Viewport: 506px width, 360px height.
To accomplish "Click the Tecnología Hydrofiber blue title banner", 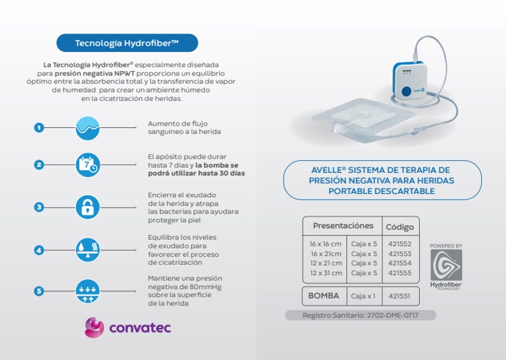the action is click(127, 43).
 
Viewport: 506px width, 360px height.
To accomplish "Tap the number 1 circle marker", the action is click(39, 127).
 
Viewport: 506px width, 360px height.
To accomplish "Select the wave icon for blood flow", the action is click(88, 128).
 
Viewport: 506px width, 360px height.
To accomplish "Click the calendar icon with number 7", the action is click(88, 165).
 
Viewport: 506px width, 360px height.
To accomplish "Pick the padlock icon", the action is click(88, 207).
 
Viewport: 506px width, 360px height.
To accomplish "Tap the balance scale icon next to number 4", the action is click(88, 250).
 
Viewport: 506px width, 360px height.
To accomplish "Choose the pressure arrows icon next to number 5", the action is click(88, 292).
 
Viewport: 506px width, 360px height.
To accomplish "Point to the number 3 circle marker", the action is click(39, 207).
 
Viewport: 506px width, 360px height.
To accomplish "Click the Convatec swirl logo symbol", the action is click(94, 328).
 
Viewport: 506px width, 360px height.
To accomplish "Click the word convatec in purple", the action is click(140, 328).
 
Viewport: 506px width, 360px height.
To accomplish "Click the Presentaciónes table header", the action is click(343, 226).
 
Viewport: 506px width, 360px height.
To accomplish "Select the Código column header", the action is click(400, 227).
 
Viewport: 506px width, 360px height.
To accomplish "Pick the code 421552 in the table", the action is click(400, 244).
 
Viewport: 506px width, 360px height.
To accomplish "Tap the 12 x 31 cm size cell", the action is click(326, 273).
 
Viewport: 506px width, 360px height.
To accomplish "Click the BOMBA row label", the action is click(323, 296).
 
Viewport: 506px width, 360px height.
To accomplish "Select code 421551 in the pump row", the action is click(399, 296).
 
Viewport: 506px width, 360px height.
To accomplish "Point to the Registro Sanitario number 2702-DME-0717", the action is click(392, 315).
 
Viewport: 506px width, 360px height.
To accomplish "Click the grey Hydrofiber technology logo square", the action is click(446, 265).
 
